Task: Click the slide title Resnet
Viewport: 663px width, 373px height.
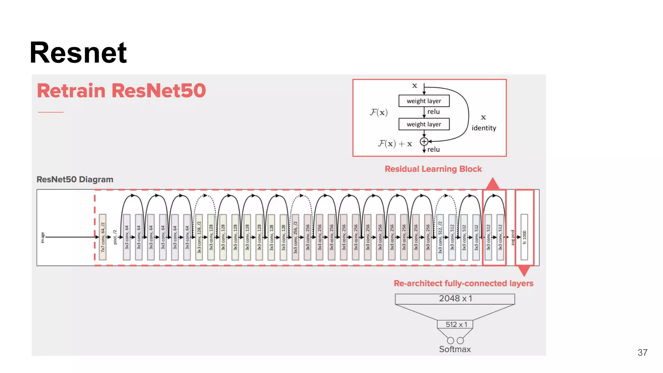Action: pos(78,52)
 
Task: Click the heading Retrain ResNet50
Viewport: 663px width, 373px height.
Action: pos(121,90)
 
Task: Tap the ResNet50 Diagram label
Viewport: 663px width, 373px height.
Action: pos(75,179)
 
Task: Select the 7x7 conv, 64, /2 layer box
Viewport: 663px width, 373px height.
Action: pos(103,237)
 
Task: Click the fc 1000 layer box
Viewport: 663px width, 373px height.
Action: pos(524,237)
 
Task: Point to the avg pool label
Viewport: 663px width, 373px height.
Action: pos(512,237)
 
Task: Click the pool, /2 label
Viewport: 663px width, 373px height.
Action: pos(115,237)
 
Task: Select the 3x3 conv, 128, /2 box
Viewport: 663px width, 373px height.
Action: pos(199,237)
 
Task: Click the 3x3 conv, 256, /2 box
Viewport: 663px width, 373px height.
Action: pos(295,237)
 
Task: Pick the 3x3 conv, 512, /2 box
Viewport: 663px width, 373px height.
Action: pos(440,237)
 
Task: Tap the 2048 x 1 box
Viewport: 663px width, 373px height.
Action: pos(455,299)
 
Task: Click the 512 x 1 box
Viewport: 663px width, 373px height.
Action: pos(455,324)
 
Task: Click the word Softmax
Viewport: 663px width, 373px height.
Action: pos(455,349)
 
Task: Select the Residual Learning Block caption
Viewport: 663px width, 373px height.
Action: pos(433,169)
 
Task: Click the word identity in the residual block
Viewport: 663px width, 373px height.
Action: pos(484,128)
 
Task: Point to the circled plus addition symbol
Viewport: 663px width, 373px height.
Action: pos(424,141)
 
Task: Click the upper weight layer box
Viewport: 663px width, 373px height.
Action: pos(424,101)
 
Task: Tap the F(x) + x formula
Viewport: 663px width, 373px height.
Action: pos(395,143)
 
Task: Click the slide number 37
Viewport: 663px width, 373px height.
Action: pos(642,353)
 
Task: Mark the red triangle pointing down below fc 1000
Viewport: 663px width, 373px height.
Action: pos(524,270)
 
